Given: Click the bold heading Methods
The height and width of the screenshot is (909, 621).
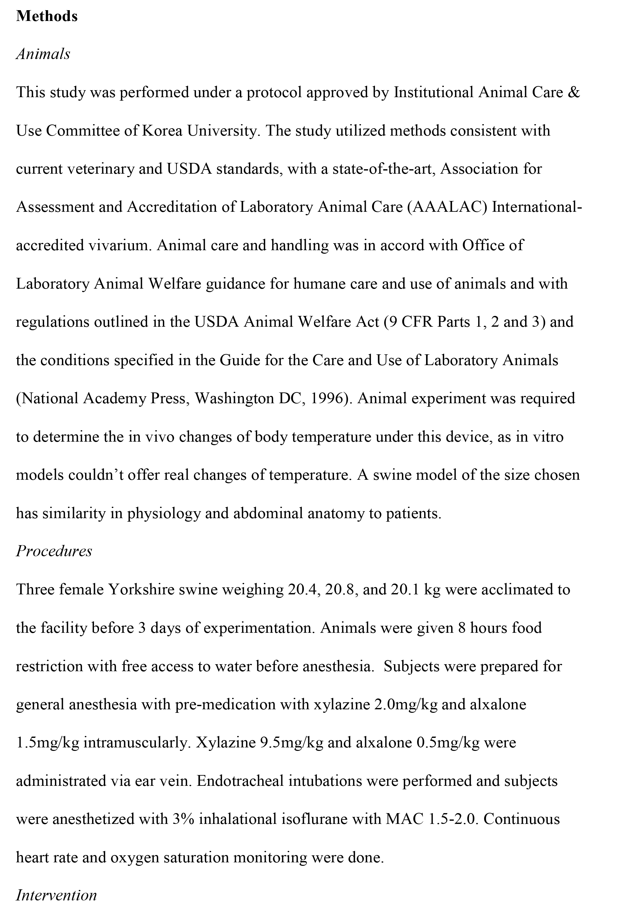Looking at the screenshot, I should point(47,16).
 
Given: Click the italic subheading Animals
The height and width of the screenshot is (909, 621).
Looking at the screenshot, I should point(43,54).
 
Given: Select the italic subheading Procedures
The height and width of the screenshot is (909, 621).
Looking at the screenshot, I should point(54,551).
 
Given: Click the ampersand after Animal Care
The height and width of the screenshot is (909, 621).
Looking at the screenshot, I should point(573,92).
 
